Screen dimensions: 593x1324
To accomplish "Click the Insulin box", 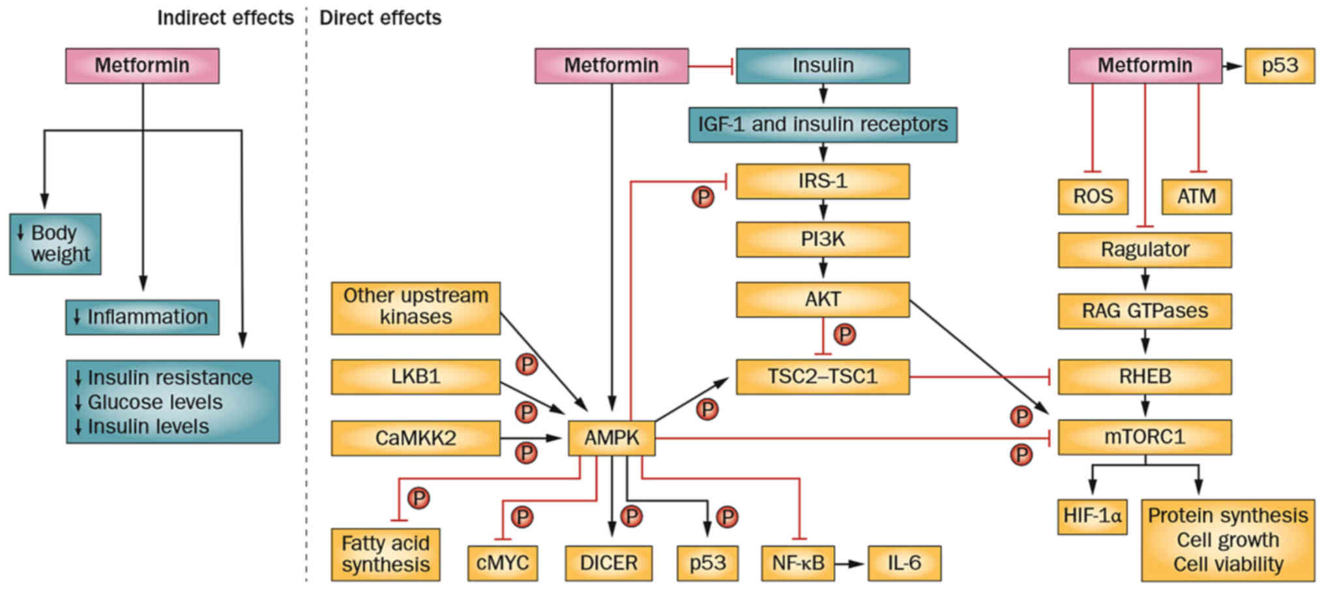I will pos(823,66).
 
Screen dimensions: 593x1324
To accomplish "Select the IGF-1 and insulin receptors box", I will pos(823,125).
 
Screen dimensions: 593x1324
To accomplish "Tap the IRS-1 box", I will pos(823,181).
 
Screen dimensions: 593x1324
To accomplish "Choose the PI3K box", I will pos(823,239).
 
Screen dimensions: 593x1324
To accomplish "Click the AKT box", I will pos(823,299).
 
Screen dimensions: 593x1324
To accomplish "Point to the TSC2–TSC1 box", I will pos(823,376).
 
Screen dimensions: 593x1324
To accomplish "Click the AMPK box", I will pos(611,438).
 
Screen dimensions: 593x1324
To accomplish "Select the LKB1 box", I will pos(415,376).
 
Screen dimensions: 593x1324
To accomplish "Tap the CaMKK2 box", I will pos(415,438).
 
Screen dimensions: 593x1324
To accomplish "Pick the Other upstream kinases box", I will pos(415,307).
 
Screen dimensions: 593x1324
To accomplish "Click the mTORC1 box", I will pos(1145,437).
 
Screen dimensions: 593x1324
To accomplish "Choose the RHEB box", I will pos(1145,376).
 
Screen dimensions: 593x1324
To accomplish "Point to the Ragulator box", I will pos(1145,250).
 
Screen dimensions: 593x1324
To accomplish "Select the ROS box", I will pos(1093,196).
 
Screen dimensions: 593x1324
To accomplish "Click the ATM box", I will pos(1196,196).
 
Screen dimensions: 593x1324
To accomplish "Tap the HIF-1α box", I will pos(1092,517).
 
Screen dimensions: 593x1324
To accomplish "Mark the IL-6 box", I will pos(904,563).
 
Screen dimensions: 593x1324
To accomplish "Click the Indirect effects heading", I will pos(225,18).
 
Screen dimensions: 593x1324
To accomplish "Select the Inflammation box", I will pos(142,317).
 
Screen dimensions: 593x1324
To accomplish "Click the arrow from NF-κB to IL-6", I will pos(851,563).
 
